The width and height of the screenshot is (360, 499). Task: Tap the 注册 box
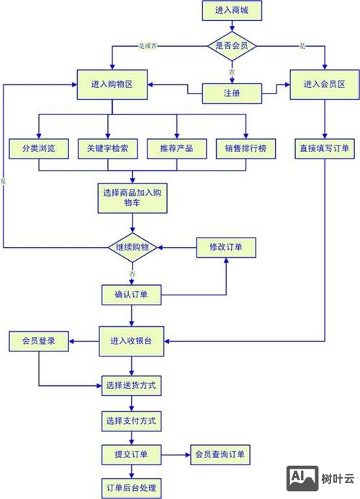click(232, 93)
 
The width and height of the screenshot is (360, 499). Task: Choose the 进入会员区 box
click(324, 84)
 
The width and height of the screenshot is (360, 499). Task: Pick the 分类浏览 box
click(38, 148)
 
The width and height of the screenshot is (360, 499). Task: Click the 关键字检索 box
click(107, 148)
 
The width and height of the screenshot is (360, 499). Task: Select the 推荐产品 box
click(176, 148)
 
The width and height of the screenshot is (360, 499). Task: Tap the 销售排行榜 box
click(246, 148)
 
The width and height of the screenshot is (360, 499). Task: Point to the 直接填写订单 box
click(324, 148)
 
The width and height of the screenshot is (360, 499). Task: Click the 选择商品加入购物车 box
click(132, 197)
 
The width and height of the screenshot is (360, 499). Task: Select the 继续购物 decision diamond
click(132, 247)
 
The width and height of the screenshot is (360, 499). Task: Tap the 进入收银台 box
click(132, 339)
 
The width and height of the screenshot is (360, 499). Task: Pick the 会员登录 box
click(38, 339)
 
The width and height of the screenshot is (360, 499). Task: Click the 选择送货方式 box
click(130, 385)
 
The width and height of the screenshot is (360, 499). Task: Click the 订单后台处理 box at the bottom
click(130, 486)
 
